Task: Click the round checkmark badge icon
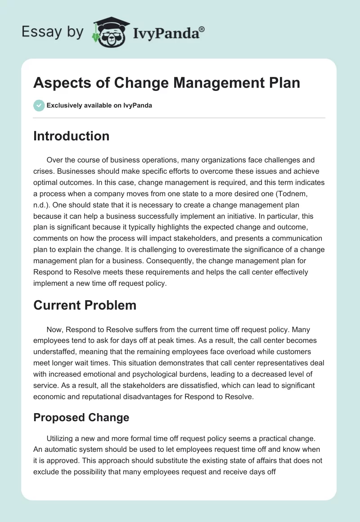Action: (x=39, y=106)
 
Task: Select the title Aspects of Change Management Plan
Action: (x=166, y=83)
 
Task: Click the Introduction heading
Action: (x=71, y=136)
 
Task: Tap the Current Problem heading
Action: (x=85, y=305)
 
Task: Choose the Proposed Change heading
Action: (x=81, y=417)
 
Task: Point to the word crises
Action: (x=44, y=171)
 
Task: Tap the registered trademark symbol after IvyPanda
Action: (x=202, y=29)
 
